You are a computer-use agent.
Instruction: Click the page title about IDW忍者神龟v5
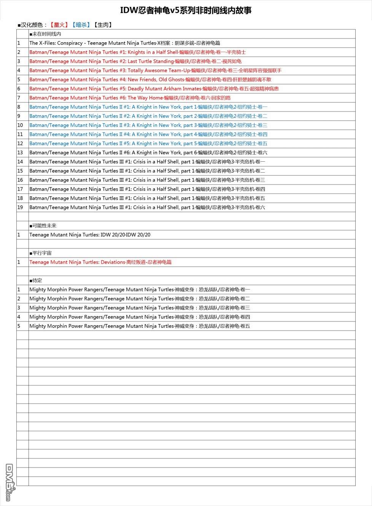click(x=186, y=10)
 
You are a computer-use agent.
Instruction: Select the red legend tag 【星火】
click(x=59, y=25)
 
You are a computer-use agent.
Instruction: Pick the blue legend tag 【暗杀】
click(x=81, y=25)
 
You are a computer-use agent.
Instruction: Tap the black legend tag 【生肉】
click(x=103, y=25)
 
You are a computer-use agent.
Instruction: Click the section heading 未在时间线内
click(x=45, y=34)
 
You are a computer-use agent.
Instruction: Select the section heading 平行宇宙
click(x=41, y=253)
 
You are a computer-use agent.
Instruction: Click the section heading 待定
click(x=36, y=280)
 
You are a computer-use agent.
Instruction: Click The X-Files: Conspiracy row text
click(x=125, y=43)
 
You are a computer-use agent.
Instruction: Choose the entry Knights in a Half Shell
click(x=137, y=52)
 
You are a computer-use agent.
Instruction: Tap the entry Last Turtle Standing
click(x=135, y=61)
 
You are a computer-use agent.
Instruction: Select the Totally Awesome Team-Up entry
click(x=155, y=70)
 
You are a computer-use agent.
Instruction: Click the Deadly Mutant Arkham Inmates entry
click(x=154, y=89)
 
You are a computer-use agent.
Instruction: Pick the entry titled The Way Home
click(x=130, y=98)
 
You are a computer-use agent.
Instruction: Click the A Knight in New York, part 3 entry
click(x=148, y=125)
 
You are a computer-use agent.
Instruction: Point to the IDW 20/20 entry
click(x=90, y=235)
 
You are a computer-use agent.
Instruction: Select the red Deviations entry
click(x=100, y=262)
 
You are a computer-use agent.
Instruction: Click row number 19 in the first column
click(x=20, y=207)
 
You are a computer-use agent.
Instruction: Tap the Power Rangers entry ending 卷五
click(x=140, y=326)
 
